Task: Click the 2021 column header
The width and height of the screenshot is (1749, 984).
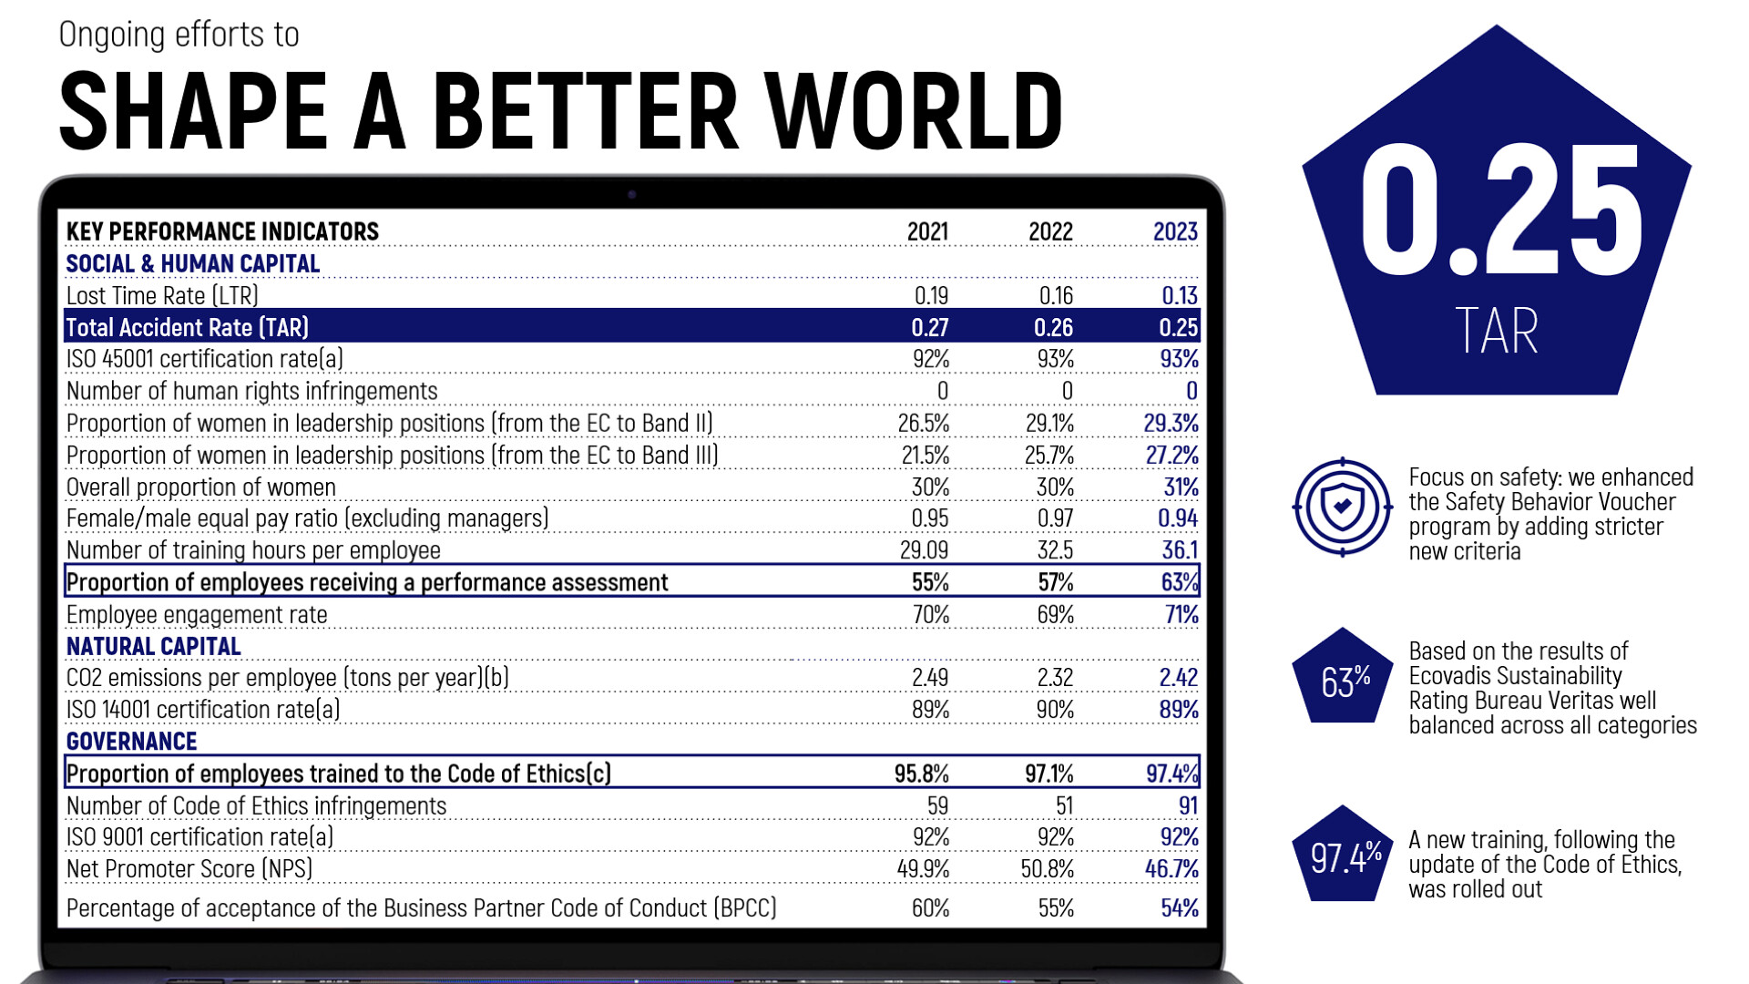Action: point(927,231)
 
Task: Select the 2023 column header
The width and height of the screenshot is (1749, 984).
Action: point(1175,231)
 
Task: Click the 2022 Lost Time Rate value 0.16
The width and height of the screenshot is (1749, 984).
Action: point(1056,295)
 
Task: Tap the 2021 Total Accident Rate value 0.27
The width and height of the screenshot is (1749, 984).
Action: point(929,327)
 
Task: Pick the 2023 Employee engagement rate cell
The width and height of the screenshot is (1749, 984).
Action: point(1181,615)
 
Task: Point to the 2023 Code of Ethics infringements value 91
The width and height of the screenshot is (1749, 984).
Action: point(1188,805)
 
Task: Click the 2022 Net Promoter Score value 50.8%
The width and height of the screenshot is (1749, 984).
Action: point(1047,869)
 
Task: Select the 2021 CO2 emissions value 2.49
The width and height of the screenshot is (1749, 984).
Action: point(929,678)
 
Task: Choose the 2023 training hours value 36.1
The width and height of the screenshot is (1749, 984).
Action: point(1180,550)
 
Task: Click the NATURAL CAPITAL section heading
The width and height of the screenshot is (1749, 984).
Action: point(153,647)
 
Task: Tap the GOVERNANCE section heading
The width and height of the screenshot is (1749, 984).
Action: point(131,742)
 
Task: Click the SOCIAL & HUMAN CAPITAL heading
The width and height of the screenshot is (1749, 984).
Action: point(192,264)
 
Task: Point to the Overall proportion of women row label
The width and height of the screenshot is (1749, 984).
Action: point(200,487)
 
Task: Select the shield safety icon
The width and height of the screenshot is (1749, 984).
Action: point(1342,507)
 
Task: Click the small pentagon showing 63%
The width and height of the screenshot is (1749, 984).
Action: point(1343,679)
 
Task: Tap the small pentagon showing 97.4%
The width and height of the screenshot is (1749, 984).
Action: point(1343,856)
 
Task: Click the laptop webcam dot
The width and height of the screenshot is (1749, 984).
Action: point(632,194)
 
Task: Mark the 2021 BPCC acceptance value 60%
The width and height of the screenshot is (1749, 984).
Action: point(930,908)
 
